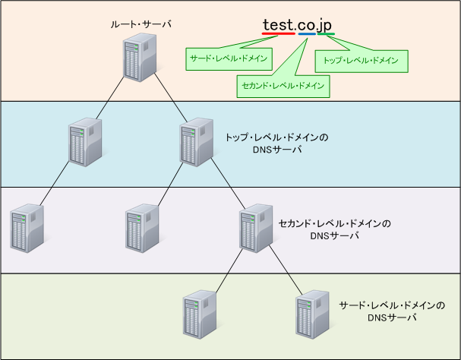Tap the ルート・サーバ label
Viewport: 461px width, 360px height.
click(x=140, y=24)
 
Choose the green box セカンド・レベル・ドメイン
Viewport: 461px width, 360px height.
click(x=282, y=86)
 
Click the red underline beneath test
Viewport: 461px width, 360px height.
click(x=279, y=33)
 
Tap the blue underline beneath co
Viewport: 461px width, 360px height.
click(x=308, y=33)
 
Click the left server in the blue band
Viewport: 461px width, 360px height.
click(x=84, y=142)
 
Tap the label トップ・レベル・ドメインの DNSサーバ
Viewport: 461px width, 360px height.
click(x=276, y=144)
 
